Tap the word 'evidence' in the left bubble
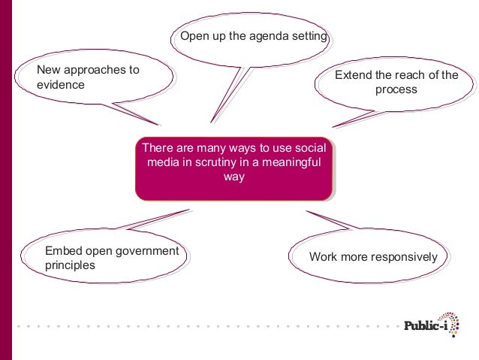61,85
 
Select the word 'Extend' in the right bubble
353,75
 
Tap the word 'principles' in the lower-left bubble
70,265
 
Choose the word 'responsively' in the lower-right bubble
405,257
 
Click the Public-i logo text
427,325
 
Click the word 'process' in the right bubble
396,90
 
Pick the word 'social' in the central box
312,147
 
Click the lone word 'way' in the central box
233,177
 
